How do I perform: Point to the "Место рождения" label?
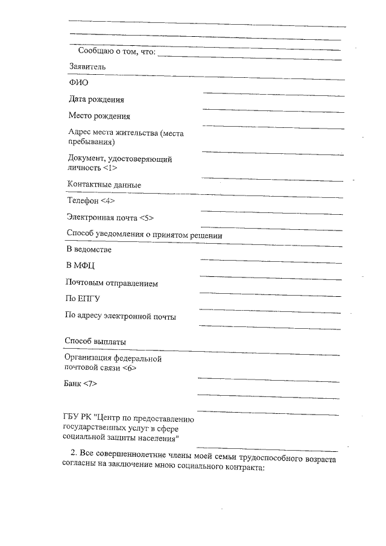point(99,116)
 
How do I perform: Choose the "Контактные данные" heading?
point(104,185)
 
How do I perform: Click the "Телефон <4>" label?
point(90,201)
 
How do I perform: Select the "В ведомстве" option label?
point(88,249)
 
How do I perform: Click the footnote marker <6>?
point(128,368)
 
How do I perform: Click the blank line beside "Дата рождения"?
point(274,95)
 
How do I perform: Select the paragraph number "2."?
point(74,454)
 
